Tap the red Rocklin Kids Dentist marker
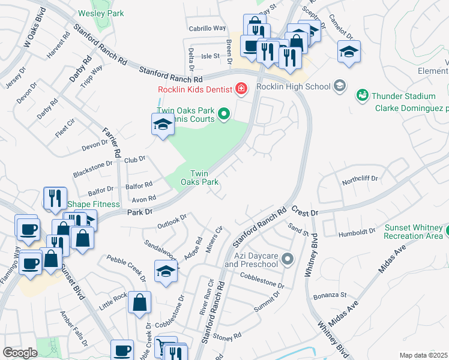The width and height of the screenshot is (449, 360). coord(241,89)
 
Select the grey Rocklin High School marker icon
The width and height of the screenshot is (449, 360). coord(340,86)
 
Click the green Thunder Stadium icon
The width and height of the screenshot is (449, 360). coord(362,95)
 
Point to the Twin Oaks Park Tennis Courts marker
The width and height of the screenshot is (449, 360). coord(224,113)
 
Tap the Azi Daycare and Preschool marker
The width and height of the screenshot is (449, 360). coord(288,259)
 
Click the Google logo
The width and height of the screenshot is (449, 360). coord(20,353)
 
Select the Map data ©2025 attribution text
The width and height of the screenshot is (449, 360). coord(423,355)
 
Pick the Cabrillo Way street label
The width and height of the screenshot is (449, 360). coord(208,28)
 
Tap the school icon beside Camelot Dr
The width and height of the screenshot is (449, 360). coord(349,52)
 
